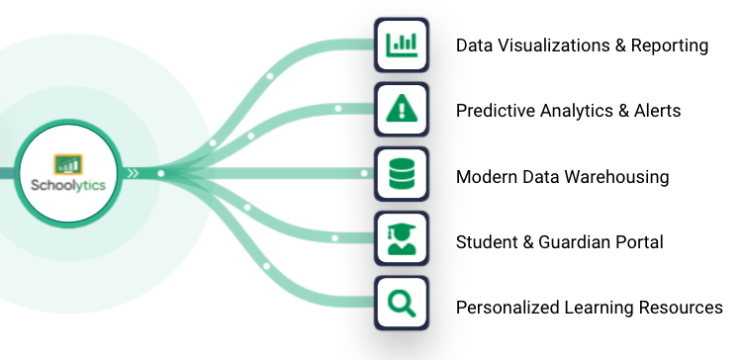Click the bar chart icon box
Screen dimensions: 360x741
tap(401, 45)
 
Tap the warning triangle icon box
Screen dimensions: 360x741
tap(401, 110)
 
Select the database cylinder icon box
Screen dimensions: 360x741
tap(401, 176)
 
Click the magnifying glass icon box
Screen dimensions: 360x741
tap(401, 307)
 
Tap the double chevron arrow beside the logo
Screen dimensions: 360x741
tap(134, 174)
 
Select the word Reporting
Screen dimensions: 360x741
tap(673, 45)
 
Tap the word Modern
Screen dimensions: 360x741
tap(485, 177)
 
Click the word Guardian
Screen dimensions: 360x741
tap(573, 242)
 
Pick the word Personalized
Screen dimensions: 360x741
tap(507, 308)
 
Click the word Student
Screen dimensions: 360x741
tap(486, 242)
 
